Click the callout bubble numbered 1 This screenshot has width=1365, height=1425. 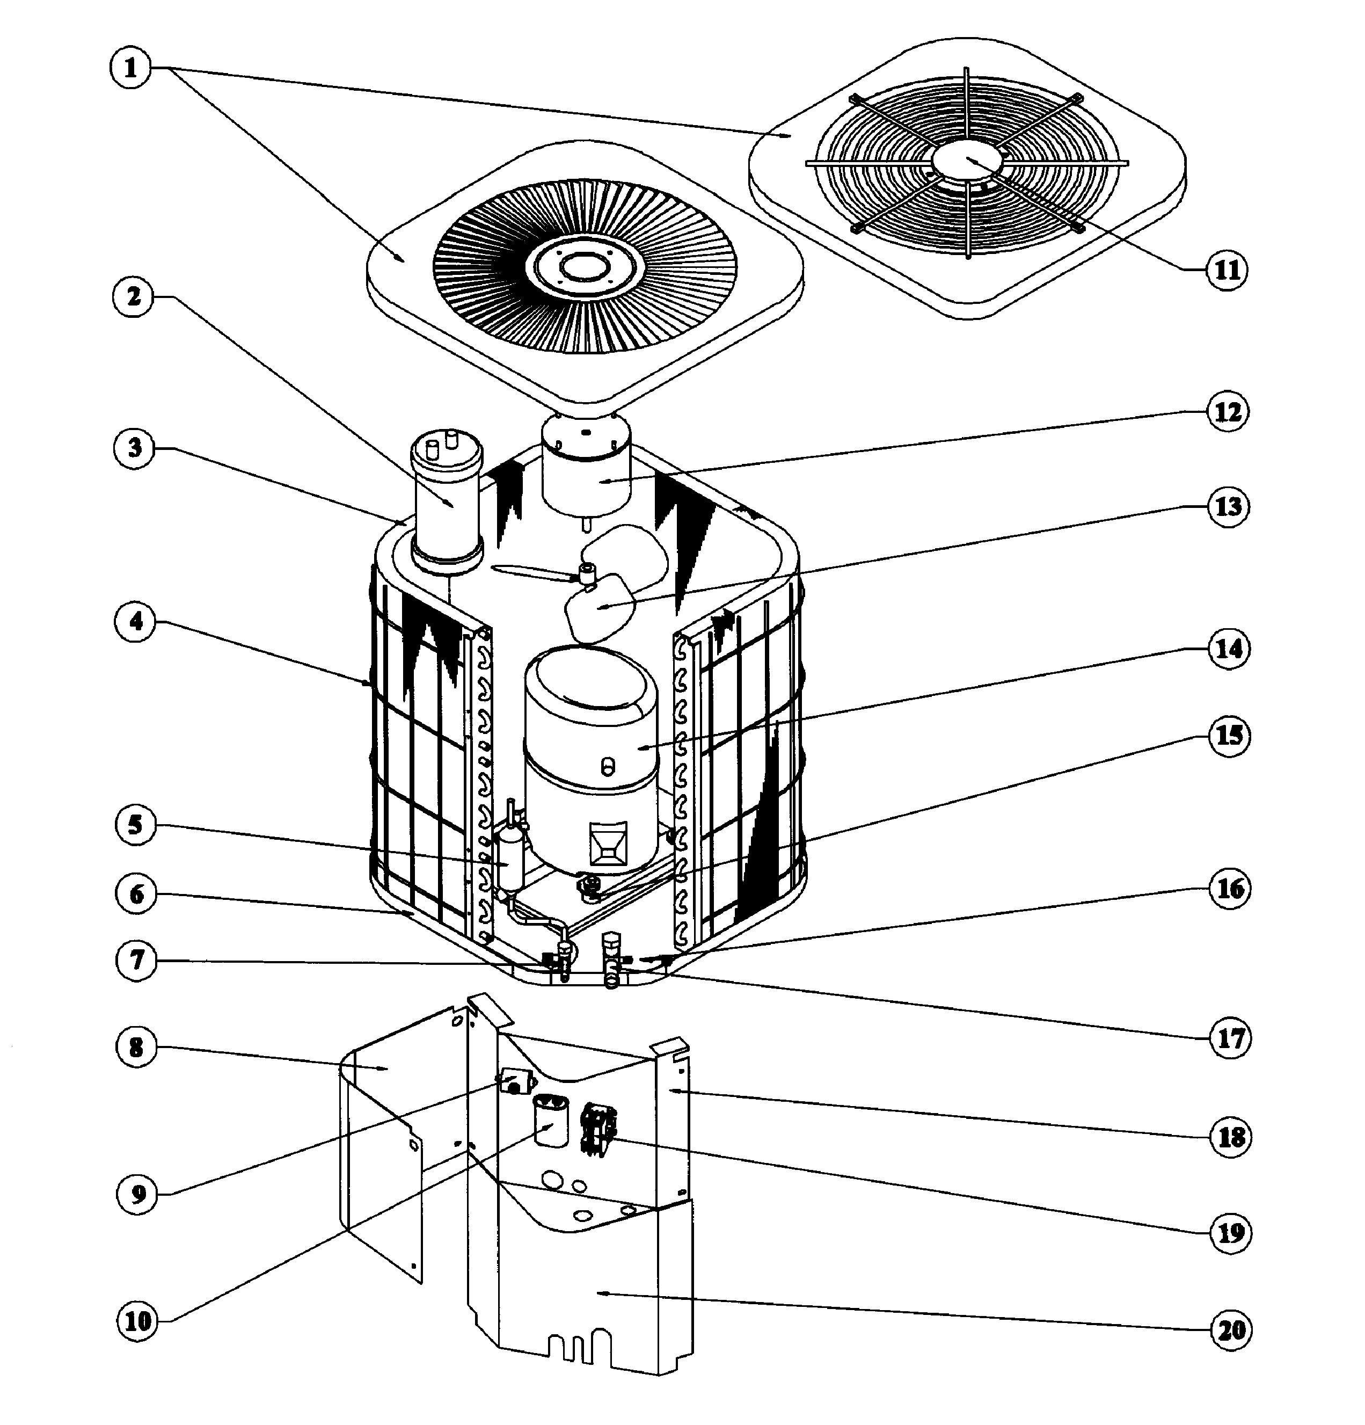(x=131, y=68)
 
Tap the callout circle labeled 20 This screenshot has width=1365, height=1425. (x=1231, y=1331)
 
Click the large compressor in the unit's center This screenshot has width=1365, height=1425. (x=590, y=756)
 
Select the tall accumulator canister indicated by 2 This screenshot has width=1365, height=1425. (x=446, y=501)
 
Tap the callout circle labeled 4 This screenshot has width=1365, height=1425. (x=135, y=623)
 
